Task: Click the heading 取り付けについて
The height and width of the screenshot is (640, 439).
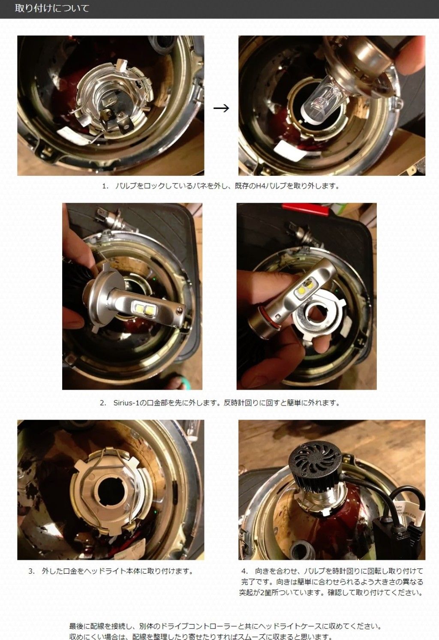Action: click(52, 8)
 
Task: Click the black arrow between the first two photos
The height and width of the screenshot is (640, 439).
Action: click(221, 108)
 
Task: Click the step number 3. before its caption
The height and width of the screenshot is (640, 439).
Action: click(31, 571)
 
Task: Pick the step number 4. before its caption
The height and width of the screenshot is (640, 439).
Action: click(244, 571)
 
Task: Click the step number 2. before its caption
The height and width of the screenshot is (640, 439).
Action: click(103, 403)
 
